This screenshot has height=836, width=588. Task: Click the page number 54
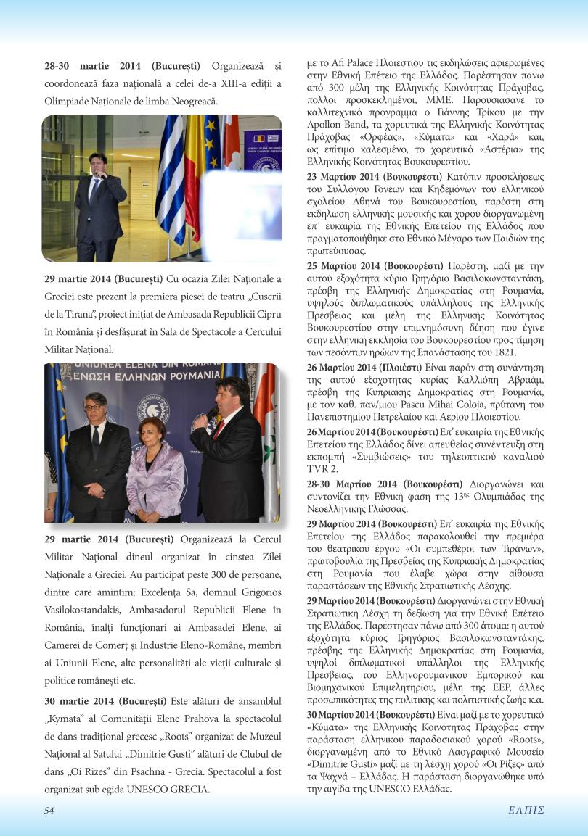click(x=49, y=811)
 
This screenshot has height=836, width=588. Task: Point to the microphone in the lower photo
click(x=212, y=414)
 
